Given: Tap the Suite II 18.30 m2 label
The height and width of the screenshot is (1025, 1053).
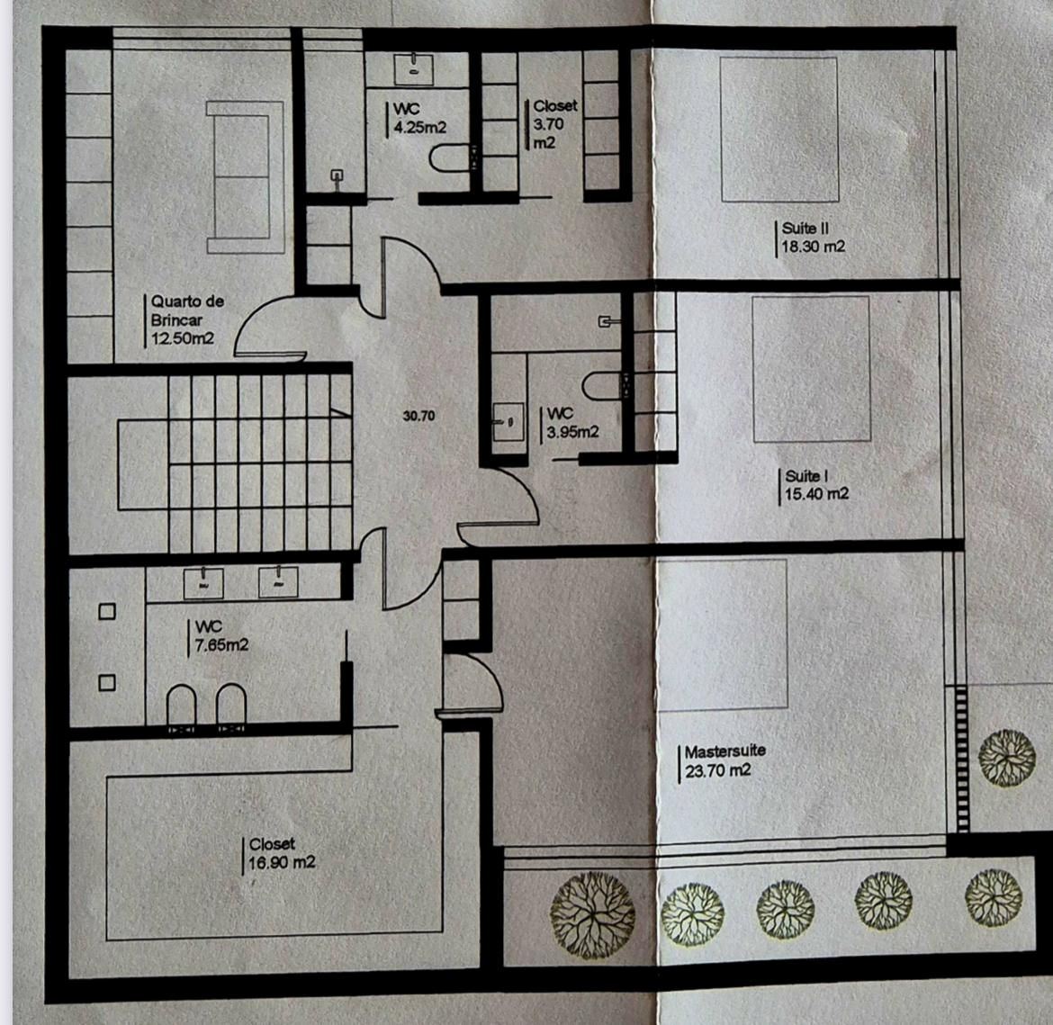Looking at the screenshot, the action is [x=813, y=238].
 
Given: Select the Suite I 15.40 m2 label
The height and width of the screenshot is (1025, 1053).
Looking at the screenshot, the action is [x=816, y=485].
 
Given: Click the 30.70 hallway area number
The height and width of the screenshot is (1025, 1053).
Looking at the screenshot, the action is [x=418, y=416].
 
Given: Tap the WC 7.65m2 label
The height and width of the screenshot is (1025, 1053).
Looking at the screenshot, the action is [x=221, y=636].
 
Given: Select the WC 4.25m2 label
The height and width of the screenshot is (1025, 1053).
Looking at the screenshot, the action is [x=419, y=118].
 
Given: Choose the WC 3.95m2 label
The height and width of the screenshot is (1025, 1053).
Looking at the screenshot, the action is [x=572, y=423].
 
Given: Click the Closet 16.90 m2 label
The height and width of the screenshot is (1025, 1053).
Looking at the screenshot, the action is [x=282, y=854].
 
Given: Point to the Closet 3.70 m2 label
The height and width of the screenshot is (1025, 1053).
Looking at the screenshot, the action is [x=554, y=124].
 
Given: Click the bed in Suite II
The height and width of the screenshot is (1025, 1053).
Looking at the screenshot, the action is [x=779, y=130].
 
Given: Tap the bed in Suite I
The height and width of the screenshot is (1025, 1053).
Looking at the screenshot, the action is [x=811, y=370].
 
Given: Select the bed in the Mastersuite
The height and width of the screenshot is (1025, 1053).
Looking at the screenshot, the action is [x=723, y=634].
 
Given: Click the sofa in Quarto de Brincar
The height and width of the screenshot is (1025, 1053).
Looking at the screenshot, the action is [x=245, y=177].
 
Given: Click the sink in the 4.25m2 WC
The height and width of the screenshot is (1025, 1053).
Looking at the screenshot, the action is [x=413, y=69].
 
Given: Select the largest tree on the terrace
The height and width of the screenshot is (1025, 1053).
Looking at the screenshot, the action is [x=592, y=914].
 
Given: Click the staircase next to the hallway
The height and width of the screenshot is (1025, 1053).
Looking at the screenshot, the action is [x=261, y=463].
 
